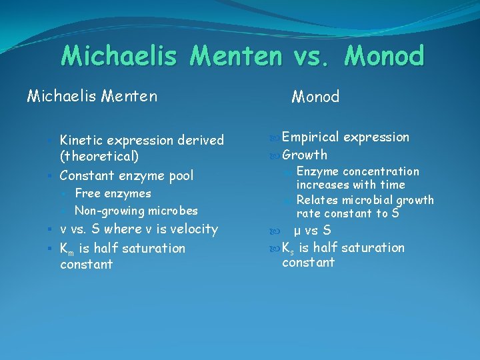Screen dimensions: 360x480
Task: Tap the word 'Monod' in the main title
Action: tap(384, 56)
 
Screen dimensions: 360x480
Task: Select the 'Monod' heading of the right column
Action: tap(315, 97)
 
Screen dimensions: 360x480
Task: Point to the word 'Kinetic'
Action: tap(83, 140)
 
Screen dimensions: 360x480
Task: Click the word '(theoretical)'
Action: tap(99, 157)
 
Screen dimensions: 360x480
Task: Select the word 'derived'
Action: tap(201, 140)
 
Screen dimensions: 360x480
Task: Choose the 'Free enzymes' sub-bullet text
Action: tap(113, 193)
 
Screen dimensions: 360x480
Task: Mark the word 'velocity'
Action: tap(195, 229)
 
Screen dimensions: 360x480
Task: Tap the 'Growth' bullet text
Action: tap(305, 155)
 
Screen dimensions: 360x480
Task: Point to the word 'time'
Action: tap(391, 185)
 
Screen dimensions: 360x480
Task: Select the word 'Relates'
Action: tap(316, 200)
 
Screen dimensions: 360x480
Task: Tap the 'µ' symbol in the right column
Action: tap(297, 231)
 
